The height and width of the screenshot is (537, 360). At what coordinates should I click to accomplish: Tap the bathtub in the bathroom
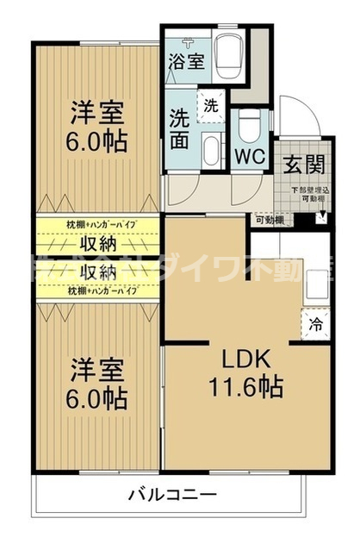coord(227,55)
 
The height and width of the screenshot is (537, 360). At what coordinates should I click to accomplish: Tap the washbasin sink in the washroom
coord(210,147)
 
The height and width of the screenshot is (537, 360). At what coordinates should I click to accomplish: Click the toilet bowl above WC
coord(248,128)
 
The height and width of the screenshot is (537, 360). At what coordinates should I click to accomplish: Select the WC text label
coord(250,159)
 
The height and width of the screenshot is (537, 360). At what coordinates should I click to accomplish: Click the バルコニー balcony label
coord(172,495)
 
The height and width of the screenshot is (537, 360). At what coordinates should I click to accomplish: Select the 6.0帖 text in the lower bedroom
coord(97,398)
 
